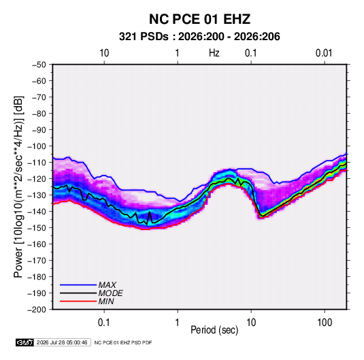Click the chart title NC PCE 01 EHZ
click(199, 19)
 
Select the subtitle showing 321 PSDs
click(199, 37)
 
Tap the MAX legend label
click(107, 285)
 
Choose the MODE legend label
click(110, 293)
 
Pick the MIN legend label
click(106, 301)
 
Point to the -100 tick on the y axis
click(37, 146)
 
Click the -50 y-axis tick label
click(39, 65)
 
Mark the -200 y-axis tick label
click(37, 310)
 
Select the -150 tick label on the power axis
click(37, 228)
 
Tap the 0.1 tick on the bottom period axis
click(104, 323)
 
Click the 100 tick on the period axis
click(325, 323)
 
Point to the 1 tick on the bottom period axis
click(177, 323)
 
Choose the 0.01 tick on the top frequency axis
click(324, 53)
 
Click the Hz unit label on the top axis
click(214, 53)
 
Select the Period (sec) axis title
click(214, 330)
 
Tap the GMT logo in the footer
click(24, 342)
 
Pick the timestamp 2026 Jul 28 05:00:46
click(62, 342)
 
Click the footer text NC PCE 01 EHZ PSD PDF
click(123, 342)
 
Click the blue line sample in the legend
click(78, 285)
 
